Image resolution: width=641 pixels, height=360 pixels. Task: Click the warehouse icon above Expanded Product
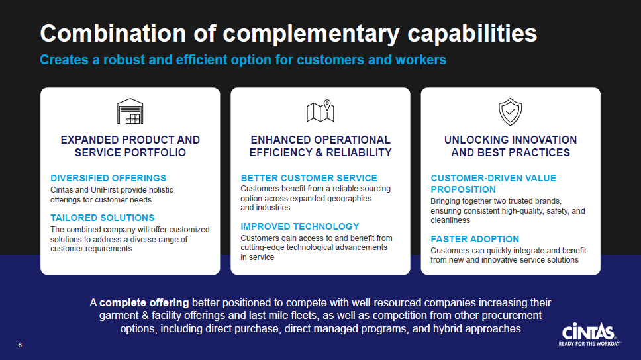pyautogui.click(x=130, y=111)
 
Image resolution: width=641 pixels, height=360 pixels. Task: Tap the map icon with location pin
pyautogui.click(x=320, y=111)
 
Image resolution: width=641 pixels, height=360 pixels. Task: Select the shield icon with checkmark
pyautogui.click(x=510, y=112)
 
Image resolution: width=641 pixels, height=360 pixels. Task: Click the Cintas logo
pyautogui.click(x=589, y=334)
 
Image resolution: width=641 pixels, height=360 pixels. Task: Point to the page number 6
pyautogui.click(x=20, y=345)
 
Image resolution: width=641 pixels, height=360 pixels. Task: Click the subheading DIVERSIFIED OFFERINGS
pyautogui.click(x=109, y=178)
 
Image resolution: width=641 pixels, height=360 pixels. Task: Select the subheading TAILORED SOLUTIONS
pyautogui.click(x=102, y=218)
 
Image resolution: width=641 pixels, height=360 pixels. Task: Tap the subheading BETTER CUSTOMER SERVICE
pyautogui.click(x=309, y=178)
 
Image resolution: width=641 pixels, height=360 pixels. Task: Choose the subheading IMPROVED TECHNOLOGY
pyautogui.click(x=300, y=226)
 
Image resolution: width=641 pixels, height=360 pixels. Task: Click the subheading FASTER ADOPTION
pyautogui.click(x=475, y=239)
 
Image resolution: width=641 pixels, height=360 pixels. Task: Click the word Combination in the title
pyautogui.click(x=113, y=34)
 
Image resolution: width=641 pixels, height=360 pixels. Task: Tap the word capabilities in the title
pyautogui.click(x=472, y=34)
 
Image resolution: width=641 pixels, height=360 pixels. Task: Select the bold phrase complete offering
pyautogui.click(x=144, y=303)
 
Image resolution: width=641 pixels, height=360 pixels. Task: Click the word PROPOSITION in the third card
pyautogui.click(x=463, y=190)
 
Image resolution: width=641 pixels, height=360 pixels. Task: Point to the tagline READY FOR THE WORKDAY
pyautogui.click(x=590, y=344)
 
